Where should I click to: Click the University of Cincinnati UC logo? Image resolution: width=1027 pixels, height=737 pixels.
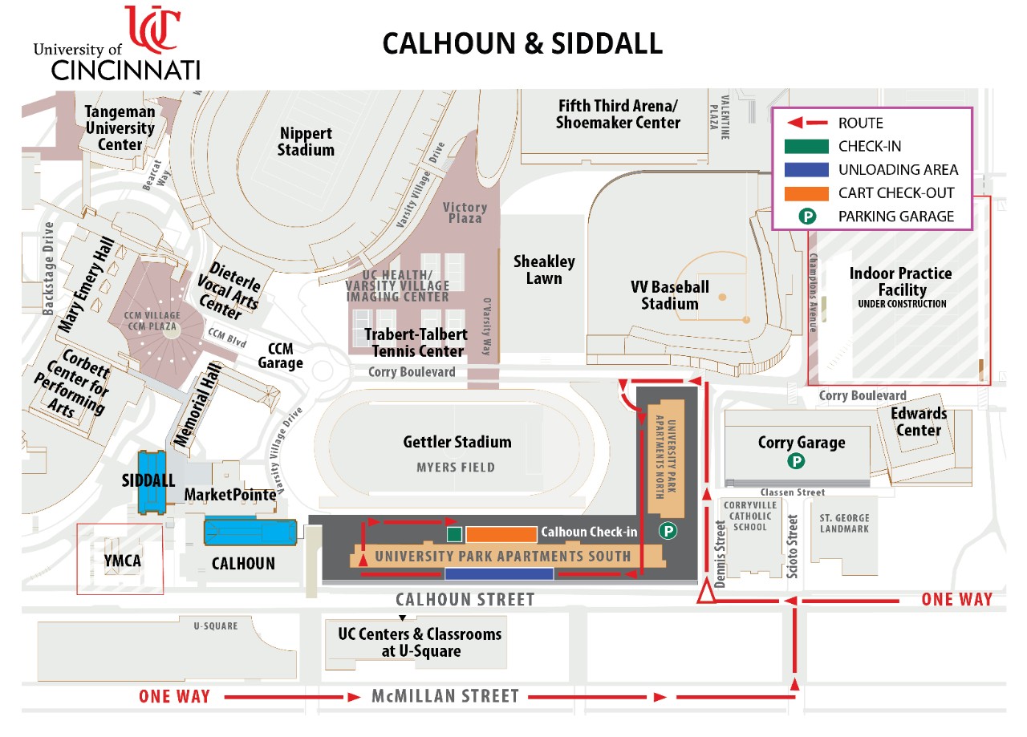152,28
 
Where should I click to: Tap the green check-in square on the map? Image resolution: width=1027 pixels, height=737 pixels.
454,534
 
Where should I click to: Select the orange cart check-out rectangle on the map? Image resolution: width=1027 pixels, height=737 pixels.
501,534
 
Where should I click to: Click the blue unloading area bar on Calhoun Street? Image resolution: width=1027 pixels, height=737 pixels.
499,573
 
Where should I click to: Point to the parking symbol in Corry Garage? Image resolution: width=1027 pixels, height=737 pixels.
796,461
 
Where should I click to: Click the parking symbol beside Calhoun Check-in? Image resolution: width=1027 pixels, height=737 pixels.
668,530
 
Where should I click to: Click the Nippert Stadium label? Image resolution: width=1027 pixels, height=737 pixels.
306,141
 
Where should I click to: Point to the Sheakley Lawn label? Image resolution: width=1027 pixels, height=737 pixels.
544,270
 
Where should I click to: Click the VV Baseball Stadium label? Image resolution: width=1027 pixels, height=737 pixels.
669,295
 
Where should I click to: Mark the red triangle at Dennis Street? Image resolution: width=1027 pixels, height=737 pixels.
705,593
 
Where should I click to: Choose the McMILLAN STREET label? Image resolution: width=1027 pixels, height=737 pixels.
444,696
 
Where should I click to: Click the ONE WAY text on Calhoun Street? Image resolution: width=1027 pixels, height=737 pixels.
956,599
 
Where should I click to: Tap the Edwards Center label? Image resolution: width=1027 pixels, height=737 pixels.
919,422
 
